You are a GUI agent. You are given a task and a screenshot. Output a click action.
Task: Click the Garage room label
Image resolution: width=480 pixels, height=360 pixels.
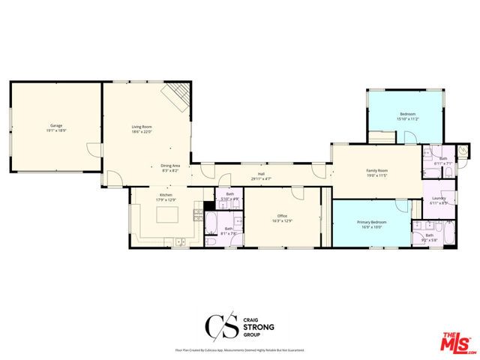55,124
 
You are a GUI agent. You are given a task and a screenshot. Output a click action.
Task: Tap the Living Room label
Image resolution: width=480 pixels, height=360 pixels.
142,127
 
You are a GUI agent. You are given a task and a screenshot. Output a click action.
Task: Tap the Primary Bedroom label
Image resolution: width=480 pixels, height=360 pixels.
371,222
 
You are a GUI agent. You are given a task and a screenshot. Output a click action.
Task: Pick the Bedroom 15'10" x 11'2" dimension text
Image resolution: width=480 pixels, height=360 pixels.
406,119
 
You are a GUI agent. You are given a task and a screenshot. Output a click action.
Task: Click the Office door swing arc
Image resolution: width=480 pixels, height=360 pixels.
298,193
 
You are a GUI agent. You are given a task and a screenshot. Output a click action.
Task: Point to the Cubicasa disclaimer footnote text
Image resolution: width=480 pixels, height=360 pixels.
240,349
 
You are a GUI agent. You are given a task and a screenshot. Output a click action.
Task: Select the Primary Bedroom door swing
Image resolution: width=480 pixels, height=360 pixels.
400,205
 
